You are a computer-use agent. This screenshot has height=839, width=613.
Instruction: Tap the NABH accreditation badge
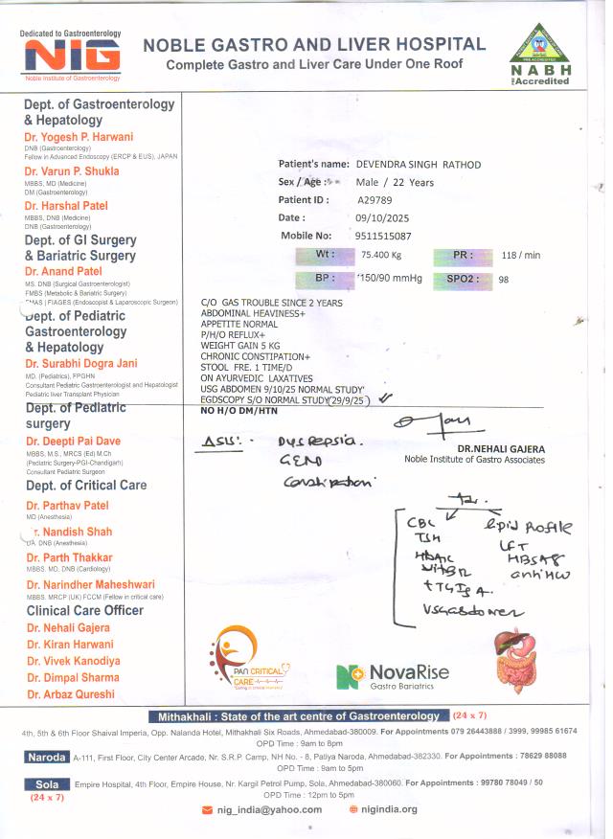pos(541,54)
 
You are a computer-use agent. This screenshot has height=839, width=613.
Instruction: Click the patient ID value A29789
pos(375,200)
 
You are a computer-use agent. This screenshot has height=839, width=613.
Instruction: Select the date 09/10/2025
pos(381,217)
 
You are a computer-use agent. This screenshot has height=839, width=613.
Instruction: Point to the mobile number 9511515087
pos(384,235)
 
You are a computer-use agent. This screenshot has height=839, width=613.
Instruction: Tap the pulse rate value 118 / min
pos(521,256)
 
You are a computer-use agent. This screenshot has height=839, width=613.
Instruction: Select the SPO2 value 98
pos(504,279)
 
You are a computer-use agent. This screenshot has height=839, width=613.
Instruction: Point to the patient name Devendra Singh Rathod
pos(418,165)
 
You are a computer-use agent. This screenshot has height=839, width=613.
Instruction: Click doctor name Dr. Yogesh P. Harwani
pos(79,137)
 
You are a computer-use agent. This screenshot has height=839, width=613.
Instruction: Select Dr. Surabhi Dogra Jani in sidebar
pos(81,363)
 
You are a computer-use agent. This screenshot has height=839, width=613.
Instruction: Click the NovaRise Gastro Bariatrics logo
pos(393,675)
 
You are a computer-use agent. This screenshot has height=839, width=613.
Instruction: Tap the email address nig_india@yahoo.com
pos(268,809)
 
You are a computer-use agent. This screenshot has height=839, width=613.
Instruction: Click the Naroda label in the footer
pos(47,757)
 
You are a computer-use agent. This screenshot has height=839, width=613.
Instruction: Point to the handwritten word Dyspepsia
pos(316,442)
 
